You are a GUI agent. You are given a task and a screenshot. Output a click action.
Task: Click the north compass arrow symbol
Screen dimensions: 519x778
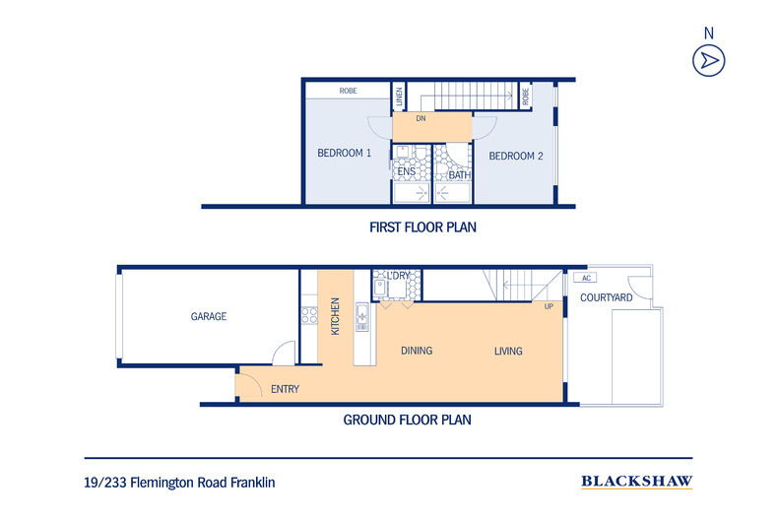(x=707, y=60)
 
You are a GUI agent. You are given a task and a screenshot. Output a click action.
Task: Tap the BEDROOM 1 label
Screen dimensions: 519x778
(x=344, y=154)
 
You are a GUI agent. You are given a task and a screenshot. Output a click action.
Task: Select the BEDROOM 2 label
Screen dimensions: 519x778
(x=516, y=156)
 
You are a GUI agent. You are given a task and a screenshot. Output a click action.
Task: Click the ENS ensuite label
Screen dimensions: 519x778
(x=406, y=172)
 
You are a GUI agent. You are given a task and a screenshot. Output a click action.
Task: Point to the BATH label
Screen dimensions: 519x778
(x=460, y=176)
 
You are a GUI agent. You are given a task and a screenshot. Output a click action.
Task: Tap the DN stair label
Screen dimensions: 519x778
(x=420, y=118)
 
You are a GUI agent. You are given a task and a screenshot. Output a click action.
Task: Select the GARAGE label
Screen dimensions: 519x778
(x=208, y=317)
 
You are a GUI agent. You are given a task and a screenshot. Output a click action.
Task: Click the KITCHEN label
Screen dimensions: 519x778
(x=336, y=316)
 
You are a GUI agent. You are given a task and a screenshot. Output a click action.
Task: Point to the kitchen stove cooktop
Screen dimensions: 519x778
(x=309, y=316)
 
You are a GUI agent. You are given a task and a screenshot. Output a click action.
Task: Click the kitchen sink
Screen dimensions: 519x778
(x=361, y=315)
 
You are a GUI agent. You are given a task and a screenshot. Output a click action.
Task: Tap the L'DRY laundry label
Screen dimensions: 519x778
(x=398, y=275)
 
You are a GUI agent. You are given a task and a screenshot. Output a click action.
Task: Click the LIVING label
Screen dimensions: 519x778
(x=508, y=352)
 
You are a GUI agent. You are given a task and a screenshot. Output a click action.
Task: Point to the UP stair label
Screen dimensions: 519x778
(x=549, y=306)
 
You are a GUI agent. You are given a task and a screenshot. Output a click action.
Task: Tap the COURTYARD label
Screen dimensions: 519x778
(x=606, y=297)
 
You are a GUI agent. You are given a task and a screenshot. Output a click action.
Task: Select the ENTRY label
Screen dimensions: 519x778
(x=285, y=389)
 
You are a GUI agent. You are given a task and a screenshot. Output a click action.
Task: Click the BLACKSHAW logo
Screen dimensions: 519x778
(x=637, y=482)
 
